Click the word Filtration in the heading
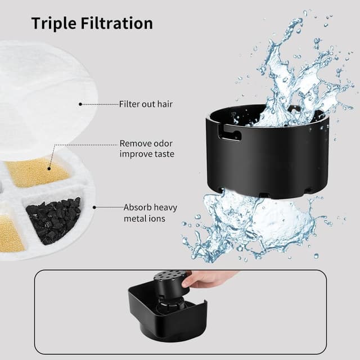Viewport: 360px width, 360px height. (118, 24)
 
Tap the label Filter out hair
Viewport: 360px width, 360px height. (146, 104)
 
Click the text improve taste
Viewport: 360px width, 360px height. (147, 154)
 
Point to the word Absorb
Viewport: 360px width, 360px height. (137, 207)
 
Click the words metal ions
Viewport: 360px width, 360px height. (145, 218)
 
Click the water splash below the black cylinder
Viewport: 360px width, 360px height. (253, 225)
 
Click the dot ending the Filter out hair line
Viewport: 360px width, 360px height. (80, 104)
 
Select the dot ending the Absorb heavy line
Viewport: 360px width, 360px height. (95, 207)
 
